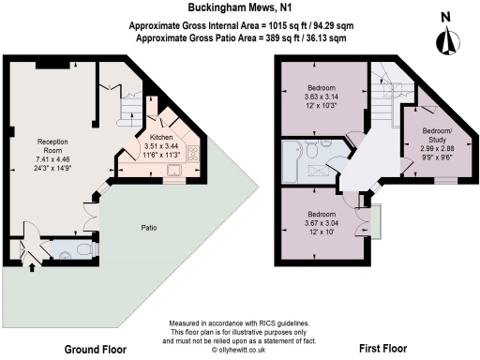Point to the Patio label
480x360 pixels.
click(x=148, y=227)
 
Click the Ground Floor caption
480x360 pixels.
click(x=96, y=349)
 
